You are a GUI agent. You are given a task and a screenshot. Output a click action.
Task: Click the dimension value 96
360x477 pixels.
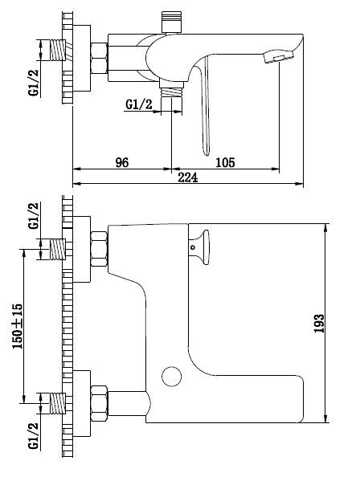click(122, 162)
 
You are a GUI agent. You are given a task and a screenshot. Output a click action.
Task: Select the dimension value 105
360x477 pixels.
click(225, 162)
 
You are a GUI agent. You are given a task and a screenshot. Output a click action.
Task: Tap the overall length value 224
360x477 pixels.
click(188, 177)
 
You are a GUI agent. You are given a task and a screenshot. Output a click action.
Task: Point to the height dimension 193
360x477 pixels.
click(319, 324)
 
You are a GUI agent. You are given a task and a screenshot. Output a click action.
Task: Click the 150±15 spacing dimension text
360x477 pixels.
click(17, 326)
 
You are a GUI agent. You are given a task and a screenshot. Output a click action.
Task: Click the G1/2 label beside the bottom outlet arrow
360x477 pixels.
click(139, 104)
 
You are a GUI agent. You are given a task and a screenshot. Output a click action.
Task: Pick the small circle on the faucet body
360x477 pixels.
click(172, 377)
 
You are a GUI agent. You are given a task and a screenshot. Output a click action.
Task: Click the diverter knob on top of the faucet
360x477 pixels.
click(171, 22)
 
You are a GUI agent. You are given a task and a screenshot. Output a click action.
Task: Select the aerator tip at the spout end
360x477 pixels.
click(279, 56)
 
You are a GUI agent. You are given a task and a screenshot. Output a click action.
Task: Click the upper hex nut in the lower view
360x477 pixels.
click(99, 249)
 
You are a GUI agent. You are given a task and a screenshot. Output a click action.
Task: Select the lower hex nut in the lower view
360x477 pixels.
click(99, 403)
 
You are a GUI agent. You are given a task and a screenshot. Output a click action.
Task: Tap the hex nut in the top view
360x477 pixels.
click(99, 58)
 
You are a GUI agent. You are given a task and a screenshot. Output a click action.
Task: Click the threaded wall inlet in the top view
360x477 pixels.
click(58, 51)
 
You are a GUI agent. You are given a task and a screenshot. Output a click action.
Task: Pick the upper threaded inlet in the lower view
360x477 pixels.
click(58, 249)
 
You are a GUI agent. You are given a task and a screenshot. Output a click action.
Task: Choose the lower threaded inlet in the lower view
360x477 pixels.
click(58, 403)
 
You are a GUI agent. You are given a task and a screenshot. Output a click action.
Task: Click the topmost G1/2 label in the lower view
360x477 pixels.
click(34, 215)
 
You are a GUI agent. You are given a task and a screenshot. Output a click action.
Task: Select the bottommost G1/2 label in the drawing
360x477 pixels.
click(34, 435)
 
